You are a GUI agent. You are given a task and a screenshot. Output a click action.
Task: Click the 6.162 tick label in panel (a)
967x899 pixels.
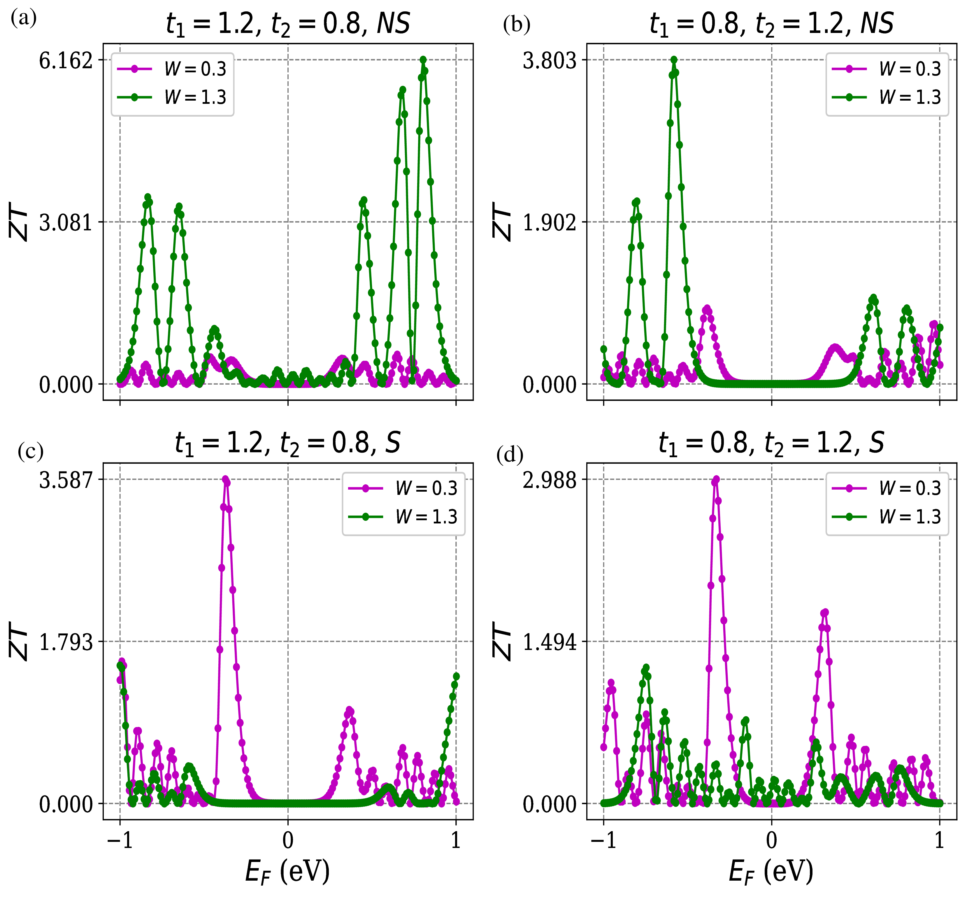pos(66,61)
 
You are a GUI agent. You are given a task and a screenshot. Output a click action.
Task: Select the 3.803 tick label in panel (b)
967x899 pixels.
pos(549,61)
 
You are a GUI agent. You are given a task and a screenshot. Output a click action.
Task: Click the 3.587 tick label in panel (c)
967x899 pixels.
pos(66,481)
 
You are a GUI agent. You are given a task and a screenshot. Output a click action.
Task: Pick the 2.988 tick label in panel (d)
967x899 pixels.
pos(549,481)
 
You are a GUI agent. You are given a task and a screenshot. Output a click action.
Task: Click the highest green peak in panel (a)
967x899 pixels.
pos(423,60)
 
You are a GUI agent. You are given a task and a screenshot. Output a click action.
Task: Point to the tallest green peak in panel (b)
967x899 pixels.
pos(674,60)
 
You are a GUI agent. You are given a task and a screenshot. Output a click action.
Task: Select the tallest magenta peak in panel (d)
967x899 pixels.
pos(715,480)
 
